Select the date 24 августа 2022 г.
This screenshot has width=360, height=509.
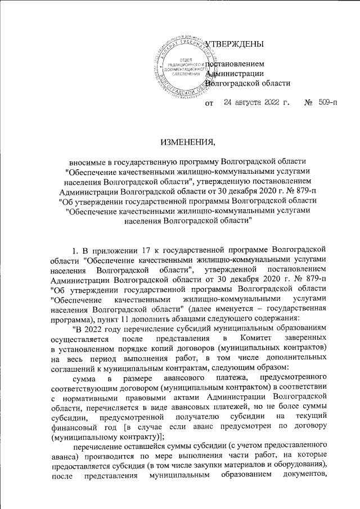256,103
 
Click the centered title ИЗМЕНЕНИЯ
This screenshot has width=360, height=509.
180,141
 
